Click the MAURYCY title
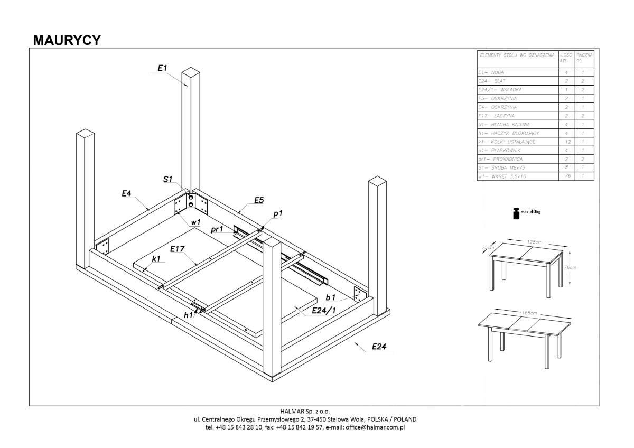click(x=67, y=40)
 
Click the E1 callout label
click(x=162, y=68)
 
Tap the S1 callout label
click(x=167, y=180)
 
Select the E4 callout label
click(x=126, y=194)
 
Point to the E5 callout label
click(x=259, y=200)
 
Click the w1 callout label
click(x=195, y=223)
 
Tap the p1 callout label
click(x=278, y=213)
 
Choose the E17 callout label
click(x=178, y=248)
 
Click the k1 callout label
click(x=156, y=258)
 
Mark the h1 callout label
click(x=188, y=315)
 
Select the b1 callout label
click(x=331, y=298)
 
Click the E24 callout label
click(x=379, y=347)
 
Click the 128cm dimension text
click(x=535, y=241)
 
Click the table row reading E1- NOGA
click(x=491, y=72)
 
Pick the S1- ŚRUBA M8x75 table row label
click(x=499, y=167)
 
